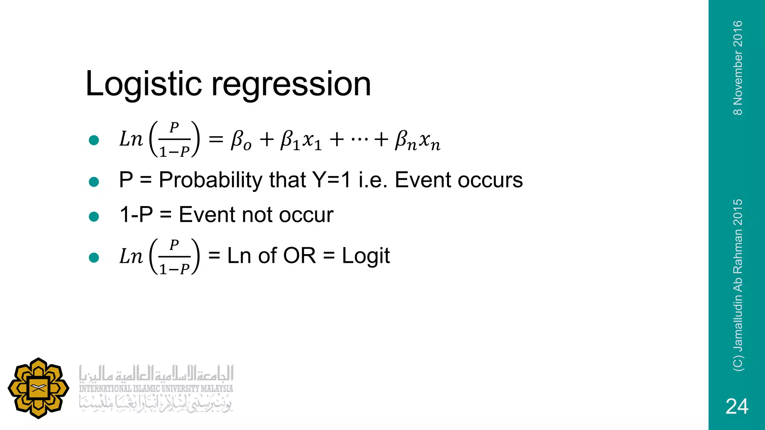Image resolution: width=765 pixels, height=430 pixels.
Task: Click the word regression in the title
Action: (291, 84)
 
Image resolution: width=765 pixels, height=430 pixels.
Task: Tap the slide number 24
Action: (737, 406)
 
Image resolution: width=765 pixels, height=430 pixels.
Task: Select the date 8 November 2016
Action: (738, 68)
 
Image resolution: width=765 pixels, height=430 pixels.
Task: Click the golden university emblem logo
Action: (38, 388)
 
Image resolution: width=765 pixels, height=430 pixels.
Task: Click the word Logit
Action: (366, 256)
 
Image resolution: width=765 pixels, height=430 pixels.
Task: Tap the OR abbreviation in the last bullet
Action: (300, 256)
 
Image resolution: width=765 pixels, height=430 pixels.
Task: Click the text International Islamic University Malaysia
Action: (156, 389)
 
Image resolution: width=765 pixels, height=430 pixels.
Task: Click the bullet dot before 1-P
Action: (94, 216)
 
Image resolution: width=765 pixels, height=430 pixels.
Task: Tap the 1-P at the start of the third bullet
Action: (136, 215)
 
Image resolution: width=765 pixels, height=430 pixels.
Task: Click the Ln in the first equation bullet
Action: (131, 140)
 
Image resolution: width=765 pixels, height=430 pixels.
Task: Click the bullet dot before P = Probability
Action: (94, 182)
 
